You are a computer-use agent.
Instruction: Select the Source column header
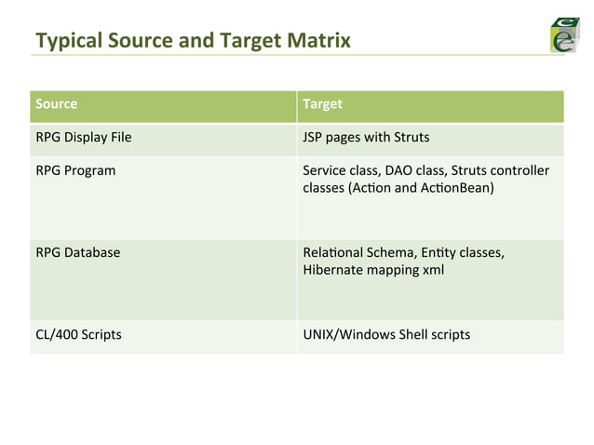coord(56,104)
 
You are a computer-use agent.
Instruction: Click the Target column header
coord(323,104)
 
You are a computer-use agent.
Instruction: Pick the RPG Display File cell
coord(83,138)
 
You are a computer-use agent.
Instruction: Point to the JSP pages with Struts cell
coord(366,138)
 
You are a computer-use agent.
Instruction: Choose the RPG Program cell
coord(75,171)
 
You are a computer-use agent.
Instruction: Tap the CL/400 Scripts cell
coord(78,334)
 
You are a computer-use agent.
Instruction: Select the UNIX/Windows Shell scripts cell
coord(386,334)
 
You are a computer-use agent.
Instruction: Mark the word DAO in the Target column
coord(395,171)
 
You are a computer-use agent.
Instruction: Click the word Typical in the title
coord(63,40)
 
